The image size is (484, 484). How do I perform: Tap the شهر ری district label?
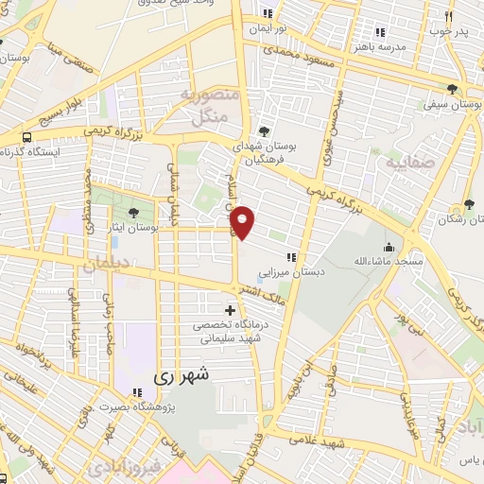click(x=177, y=376)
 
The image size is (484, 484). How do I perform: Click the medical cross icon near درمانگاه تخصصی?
click(x=231, y=310)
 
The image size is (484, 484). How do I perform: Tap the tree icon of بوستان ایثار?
click(x=132, y=213)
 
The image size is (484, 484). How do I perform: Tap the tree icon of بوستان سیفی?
click(x=454, y=89)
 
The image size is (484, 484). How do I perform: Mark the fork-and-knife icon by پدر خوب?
click(x=447, y=16)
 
